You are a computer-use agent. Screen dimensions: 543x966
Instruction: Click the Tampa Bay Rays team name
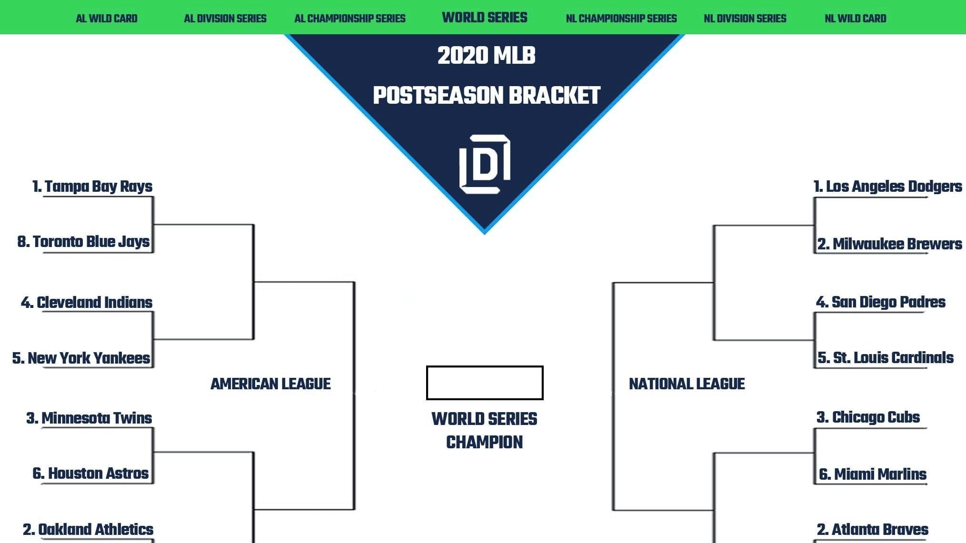point(92,186)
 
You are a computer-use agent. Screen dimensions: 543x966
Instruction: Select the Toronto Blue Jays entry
point(84,242)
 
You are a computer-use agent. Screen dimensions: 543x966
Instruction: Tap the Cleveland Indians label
point(87,302)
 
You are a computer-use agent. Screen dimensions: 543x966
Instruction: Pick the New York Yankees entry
point(81,358)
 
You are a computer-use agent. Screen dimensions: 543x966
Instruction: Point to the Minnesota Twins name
point(89,418)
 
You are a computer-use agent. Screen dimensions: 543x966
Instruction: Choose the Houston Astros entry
point(90,474)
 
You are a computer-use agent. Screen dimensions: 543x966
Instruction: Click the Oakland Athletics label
point(88,529)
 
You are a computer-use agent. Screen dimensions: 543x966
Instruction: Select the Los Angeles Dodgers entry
point(888,186)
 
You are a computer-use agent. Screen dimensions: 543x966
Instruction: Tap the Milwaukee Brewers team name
point(889,244)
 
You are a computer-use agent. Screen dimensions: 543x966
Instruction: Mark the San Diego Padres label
point(881,302)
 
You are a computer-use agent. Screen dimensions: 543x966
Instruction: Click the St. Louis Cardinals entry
point(886,357)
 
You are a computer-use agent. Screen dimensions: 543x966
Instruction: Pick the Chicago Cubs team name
point(868,417)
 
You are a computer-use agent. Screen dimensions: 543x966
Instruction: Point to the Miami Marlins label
point(873,474)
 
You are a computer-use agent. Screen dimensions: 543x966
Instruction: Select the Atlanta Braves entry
point(873,529)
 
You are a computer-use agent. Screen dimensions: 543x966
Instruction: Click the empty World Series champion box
point(485,383)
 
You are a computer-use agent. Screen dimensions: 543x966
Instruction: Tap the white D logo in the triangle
point(485,164)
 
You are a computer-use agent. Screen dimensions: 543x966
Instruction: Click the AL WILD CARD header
point(107,19)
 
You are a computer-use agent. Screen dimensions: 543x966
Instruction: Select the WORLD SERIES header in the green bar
point(485,18)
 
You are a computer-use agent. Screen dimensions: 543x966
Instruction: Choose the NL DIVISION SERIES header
point(745,19)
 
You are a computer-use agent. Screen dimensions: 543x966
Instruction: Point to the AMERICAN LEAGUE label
point(270,384)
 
